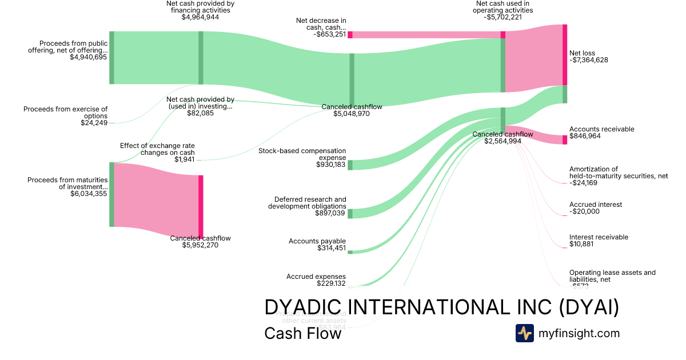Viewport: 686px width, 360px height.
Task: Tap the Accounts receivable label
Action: point(601,129)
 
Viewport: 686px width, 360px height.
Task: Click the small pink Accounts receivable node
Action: point(565,139)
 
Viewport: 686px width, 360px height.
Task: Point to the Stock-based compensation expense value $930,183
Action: point(331,165)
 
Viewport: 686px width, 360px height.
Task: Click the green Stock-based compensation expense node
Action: point(350,165)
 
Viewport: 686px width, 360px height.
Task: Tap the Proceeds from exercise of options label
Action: point(65,112)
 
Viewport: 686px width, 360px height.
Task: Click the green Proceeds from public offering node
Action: point(112,58)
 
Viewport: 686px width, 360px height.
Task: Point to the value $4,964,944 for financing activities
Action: point(200,17)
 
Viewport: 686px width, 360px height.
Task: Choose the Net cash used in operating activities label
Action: point(503,7)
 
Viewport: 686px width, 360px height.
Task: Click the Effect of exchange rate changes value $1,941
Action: point(184,159)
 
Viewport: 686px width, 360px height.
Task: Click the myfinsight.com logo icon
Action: point(524,333)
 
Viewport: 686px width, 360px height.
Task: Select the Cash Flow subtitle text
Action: point(302,333)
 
